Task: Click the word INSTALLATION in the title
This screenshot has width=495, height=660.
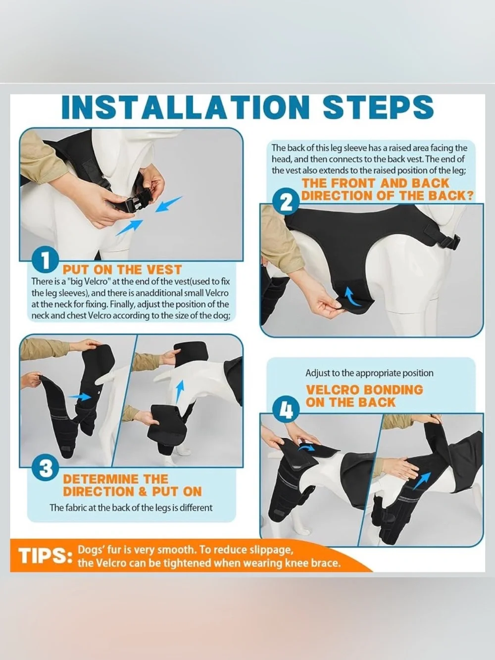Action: pyautogui.click(x=186, y=108)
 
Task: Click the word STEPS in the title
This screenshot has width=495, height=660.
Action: pyautogui.click(x=378, y=108)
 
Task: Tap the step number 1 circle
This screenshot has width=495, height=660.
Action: pyautogui.click(x=45, y=261)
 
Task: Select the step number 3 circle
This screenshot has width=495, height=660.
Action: pyautogui.click(x=45, y=468)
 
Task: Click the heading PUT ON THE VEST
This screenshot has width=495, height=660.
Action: pyautogui.click(x=122, y=269)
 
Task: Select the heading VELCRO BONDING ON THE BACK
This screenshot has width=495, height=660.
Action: pyautogui.click(x=364, y=396)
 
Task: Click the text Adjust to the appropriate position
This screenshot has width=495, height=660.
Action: pyautogui.click(x=369, y=373)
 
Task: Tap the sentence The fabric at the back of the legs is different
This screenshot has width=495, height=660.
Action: pyautogui.click(x=131, y=508)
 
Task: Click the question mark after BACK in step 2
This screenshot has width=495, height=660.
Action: pyautogui.click(x=469, y=196)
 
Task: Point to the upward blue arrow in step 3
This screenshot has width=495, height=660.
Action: pyautogui.click(x=179, y=393)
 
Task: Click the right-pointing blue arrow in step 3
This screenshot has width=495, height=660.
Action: pyautogui.click(x=80, y=397)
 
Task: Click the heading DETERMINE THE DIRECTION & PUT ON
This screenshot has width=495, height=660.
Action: pyautogui.click(x=132, y=485)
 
